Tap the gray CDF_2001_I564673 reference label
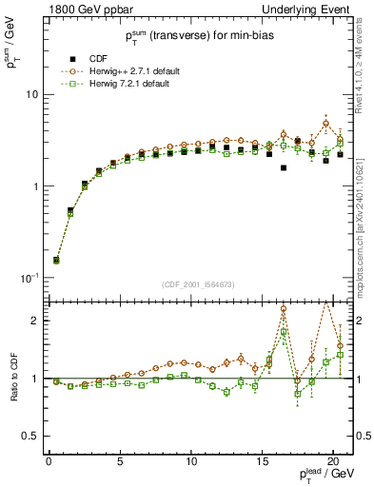click(198, 284)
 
